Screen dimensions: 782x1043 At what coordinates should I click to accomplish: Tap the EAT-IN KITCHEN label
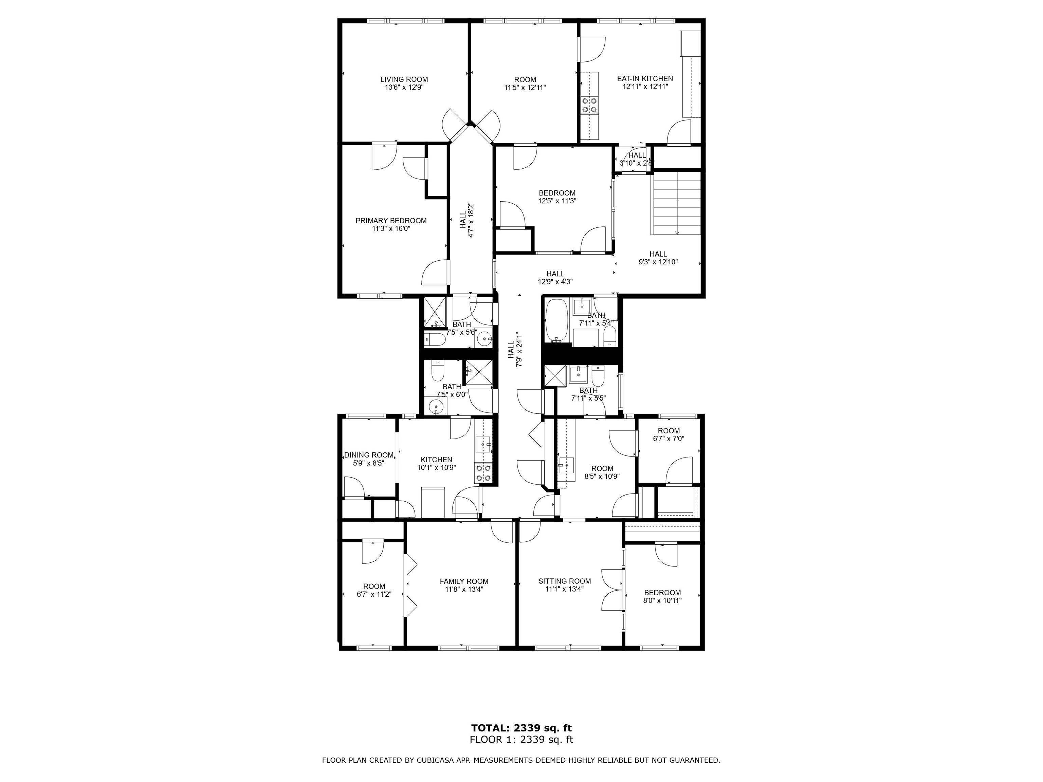(645, 79)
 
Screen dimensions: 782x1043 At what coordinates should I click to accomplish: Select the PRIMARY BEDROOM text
(391, 221)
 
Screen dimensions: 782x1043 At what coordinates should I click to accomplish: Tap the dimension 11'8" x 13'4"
(464, 589)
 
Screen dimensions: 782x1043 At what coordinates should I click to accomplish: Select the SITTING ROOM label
(564, 581)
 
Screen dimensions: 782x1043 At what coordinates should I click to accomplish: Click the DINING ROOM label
(369, 455)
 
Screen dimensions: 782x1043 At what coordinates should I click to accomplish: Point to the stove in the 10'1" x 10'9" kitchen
(483, 473)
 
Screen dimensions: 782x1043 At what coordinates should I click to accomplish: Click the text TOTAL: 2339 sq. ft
(521, 728)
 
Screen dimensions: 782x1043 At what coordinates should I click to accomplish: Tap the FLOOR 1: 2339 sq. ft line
(521, 740)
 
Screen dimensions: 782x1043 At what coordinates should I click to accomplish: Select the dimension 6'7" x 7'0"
(669, 439)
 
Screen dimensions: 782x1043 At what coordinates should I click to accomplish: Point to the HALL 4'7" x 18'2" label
(467, 220)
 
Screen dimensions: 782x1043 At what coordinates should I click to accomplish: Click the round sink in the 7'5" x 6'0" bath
(436, 405)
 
